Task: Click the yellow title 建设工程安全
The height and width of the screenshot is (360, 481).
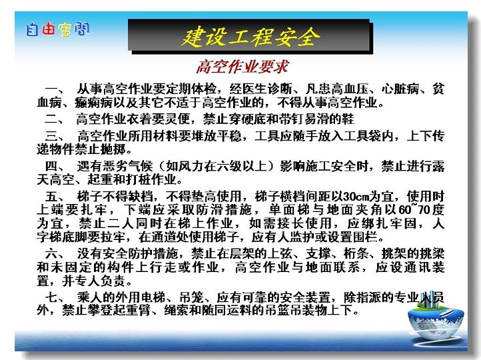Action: click(250, 37)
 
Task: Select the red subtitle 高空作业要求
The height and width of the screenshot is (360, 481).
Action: click(242, 67)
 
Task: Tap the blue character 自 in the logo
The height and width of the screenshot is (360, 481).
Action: click(32, 30)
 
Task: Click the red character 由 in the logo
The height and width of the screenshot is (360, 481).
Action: click(48, 29)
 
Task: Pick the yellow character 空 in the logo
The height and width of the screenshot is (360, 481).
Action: click(65, 30)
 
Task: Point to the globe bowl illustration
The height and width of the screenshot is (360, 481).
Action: click(436, 319)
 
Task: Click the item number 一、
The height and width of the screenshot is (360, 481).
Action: click(55, 89)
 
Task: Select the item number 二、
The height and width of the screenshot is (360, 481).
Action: click(55, 119)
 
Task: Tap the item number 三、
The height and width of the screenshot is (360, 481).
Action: click(55, 135)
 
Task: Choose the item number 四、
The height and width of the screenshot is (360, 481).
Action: click(55, 167)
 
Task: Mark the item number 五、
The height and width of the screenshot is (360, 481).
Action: click(55, 197)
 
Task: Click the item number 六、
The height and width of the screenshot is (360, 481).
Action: click(55, 254)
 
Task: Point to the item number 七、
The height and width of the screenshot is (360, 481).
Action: click(55, 297)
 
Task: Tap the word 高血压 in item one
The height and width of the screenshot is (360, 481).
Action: click(350, 89)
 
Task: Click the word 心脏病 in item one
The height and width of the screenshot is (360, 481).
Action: click(400, 89)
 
